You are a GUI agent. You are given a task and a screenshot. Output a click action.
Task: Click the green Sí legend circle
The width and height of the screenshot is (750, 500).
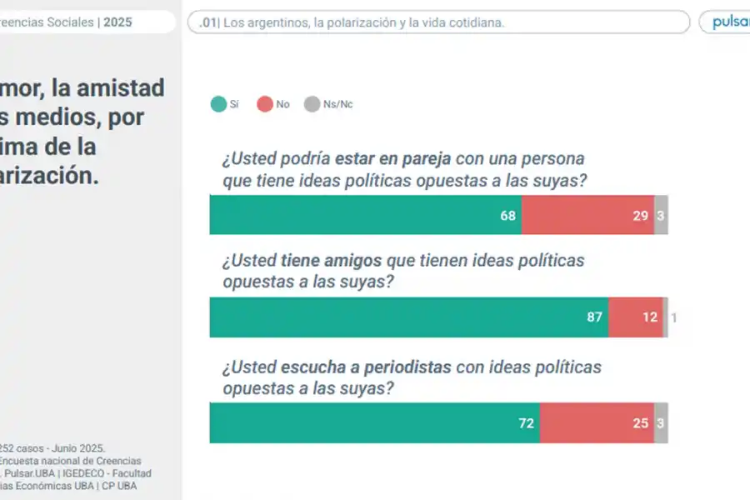pyautogui.click(x=218, y=104)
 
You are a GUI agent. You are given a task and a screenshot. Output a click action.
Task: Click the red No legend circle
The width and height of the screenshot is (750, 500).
pyautogui.click(x=265, y=104)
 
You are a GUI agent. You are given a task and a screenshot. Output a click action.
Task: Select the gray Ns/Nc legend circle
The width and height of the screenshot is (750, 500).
pyautogui.click(x=312, y=104)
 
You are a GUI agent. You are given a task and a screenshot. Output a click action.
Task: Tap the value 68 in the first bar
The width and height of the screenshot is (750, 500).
pyautogui.click(x=508, y=215)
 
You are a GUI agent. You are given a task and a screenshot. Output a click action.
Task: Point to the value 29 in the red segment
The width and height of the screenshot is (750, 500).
pyautogui.click(x=640, y=215)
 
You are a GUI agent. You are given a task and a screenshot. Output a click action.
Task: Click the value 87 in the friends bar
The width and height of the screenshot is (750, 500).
pyautogui.click(x=595, y=317)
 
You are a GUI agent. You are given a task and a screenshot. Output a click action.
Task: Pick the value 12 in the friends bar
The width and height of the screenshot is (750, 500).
pyautogui.click(x=650, y=317)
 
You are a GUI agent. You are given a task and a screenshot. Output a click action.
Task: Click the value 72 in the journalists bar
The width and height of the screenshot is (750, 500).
pyautogui.click(x=526, y=423)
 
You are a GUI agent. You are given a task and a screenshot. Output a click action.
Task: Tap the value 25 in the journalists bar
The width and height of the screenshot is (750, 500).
pyautogui.click(x=640, y=423)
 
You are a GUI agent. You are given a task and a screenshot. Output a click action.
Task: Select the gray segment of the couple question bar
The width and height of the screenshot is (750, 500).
pyautogui.click(x=661, y=215)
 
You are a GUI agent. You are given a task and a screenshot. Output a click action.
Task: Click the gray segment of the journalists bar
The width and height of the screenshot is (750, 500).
pyautogui.click(x=661, y=423)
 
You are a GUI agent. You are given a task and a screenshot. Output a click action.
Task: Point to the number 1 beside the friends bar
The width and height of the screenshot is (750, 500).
pyautogui.click(x=673, y=317)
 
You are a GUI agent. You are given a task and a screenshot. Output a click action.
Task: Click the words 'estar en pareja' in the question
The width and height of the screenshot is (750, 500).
pyautogui.click(x=387, y=157)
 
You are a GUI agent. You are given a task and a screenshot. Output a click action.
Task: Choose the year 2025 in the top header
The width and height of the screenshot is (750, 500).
pyautogui.click(x=117, y=22)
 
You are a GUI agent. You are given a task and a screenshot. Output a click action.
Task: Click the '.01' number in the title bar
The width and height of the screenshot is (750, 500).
pyautogui.click(x=208, y=22)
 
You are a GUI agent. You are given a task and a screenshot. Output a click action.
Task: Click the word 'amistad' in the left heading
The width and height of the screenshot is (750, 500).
pyautogui.click(x=124, y=87)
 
